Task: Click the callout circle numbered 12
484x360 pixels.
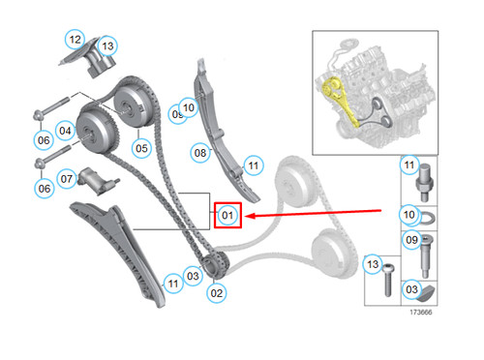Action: click(75, 40)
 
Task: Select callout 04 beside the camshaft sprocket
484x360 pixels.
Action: click(66, 130)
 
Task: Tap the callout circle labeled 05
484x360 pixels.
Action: click(141, 148)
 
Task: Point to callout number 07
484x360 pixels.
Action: click(67, 178)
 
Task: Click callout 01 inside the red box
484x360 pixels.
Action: click(227, 214)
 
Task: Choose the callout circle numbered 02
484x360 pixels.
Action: click(217, 291)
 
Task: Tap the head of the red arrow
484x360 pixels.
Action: click(245, 217)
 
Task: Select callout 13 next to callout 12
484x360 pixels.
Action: click(106, 45)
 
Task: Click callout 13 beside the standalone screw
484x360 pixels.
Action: click(373, 264)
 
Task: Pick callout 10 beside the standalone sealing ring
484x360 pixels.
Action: click(408, 214)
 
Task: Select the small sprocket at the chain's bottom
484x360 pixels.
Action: click(217, 263)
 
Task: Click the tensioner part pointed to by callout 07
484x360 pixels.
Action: click(97, 176)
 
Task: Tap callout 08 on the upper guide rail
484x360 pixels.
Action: click(200, 151)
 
